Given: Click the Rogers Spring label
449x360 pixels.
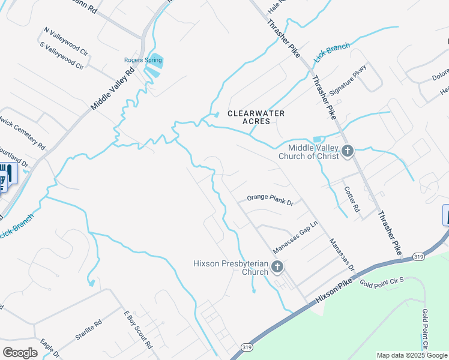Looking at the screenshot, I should [143, 60].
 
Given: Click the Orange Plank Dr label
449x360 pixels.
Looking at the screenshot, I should [270, 200].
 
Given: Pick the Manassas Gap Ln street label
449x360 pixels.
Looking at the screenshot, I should [294, 241].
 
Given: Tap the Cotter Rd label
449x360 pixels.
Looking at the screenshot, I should [352, 200].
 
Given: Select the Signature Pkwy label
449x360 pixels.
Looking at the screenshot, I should [348, 79].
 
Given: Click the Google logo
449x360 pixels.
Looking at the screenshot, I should [20, 353].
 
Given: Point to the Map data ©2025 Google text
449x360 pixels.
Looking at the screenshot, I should [412, 355].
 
